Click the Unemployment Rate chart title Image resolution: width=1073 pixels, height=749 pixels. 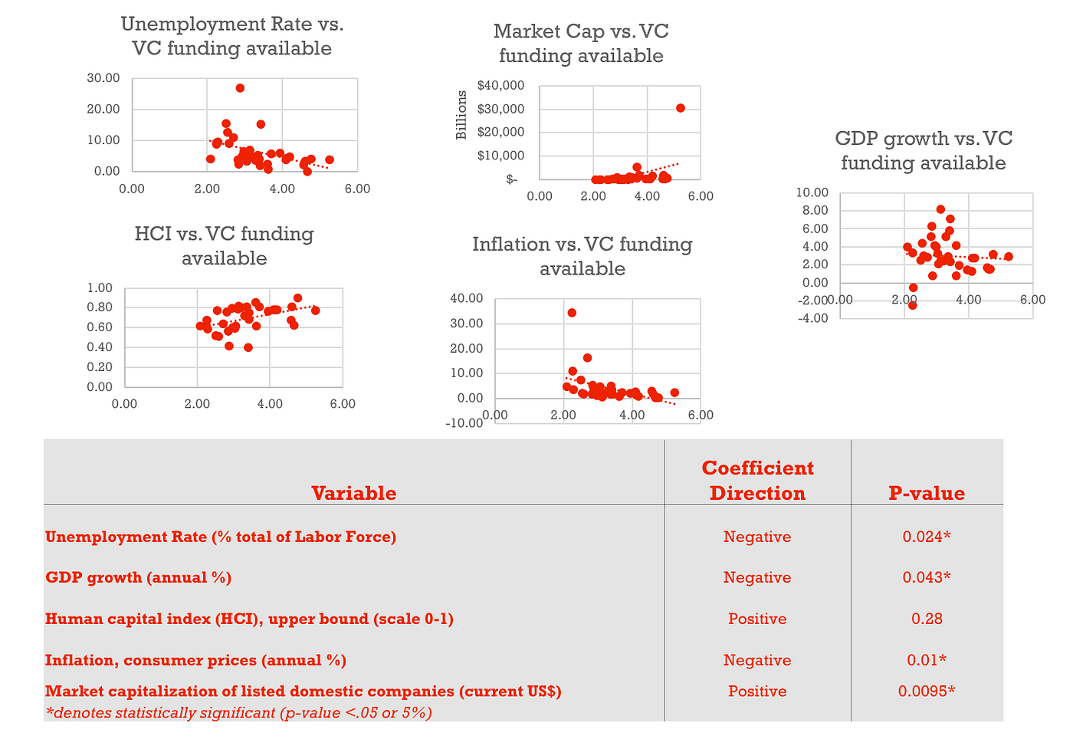231,36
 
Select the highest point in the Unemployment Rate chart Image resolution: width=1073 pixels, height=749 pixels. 240,88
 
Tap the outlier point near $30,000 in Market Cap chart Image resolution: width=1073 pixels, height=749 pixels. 681,108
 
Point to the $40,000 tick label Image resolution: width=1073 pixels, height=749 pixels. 500,85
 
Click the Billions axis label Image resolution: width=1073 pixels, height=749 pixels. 461,115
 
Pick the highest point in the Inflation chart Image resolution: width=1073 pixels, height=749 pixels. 572,313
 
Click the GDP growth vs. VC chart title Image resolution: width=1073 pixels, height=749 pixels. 924,150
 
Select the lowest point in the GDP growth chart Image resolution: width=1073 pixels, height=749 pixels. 913,305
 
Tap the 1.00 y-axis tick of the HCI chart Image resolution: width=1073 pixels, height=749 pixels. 99,288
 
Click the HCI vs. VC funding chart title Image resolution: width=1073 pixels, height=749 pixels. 224,245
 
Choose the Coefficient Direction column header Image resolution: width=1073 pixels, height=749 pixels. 757,481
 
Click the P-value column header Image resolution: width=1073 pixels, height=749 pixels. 927,493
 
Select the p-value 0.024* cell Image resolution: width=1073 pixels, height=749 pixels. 927,537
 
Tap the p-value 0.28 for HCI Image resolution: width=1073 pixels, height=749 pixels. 927,619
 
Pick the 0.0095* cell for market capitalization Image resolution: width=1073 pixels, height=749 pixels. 927,691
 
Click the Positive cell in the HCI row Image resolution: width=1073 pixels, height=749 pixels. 757,619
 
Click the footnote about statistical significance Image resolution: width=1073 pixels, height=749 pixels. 238,712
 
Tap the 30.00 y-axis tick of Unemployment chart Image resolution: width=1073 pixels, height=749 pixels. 103,77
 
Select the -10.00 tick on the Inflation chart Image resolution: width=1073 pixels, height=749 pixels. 465,422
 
